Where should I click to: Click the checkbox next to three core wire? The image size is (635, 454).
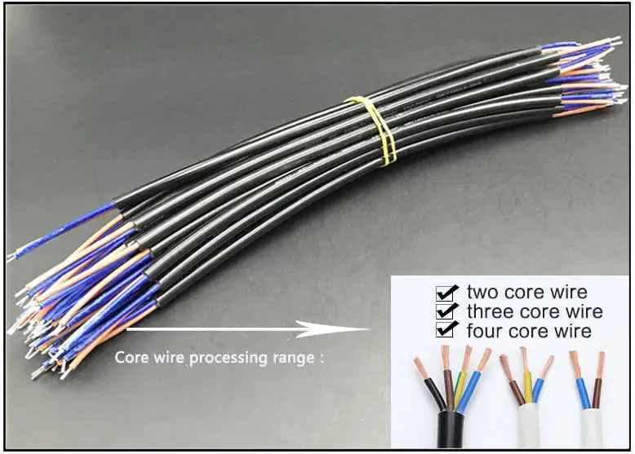click(446, 311)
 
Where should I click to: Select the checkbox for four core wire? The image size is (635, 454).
click(446, 330)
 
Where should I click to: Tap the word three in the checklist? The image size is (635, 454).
click(489, 311)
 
